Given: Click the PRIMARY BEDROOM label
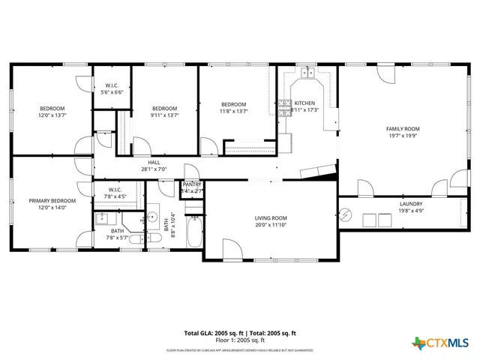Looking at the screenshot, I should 52,201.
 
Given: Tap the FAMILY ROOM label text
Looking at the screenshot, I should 403,128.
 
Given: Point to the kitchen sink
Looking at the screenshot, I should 307,73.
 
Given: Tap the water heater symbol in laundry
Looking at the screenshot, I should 346,215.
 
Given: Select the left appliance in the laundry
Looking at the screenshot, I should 369,219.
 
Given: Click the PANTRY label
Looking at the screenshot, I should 193,184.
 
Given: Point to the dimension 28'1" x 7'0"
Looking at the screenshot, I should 154,169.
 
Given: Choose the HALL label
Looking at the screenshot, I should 154,162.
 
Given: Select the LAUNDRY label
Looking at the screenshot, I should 410,203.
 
